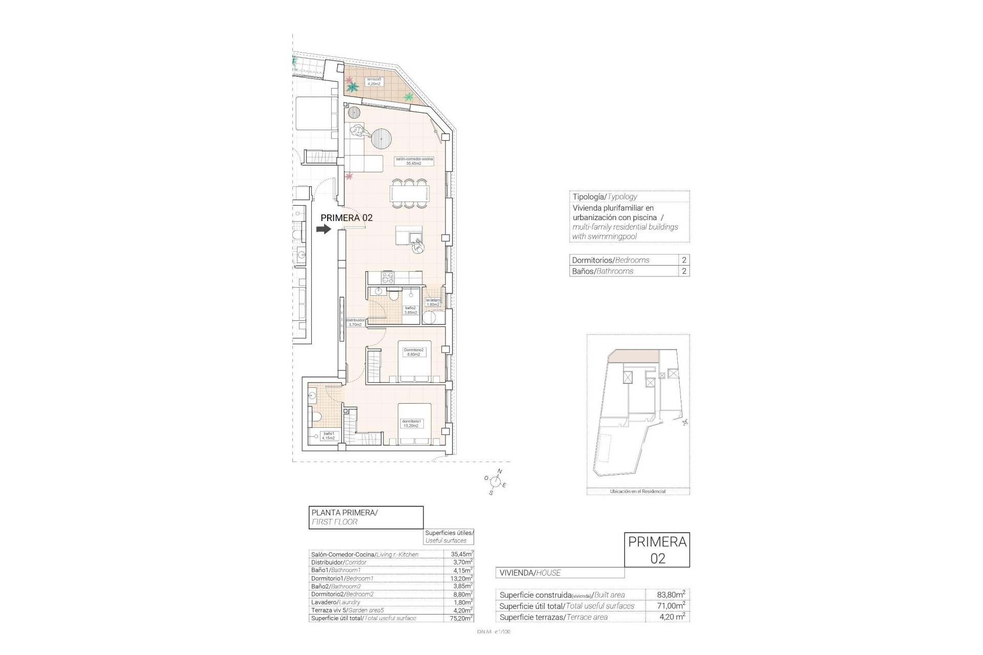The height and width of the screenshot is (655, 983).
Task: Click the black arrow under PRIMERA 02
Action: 324,230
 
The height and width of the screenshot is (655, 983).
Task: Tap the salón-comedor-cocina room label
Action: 414,161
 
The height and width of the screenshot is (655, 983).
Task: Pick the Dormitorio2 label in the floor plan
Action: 414,352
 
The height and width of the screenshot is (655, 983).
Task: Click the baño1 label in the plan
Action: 328,436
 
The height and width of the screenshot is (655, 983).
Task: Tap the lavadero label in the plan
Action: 433,302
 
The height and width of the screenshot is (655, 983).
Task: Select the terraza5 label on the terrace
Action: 373,82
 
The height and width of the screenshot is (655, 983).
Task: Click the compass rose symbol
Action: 495,481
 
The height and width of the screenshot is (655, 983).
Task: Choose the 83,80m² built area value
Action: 671,595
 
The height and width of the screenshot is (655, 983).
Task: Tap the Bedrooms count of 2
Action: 684,260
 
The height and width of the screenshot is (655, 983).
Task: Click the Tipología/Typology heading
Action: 605,196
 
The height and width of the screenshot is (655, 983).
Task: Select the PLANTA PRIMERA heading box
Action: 366,517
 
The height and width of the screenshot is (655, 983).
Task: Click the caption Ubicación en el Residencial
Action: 637,491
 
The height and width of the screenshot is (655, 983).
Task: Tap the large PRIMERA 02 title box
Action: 657,550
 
